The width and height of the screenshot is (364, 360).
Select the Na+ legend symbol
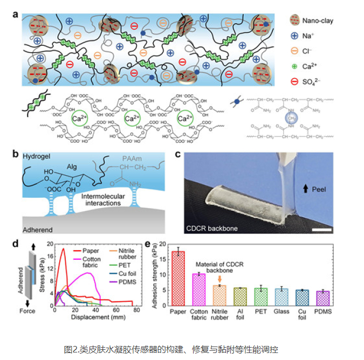292,36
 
